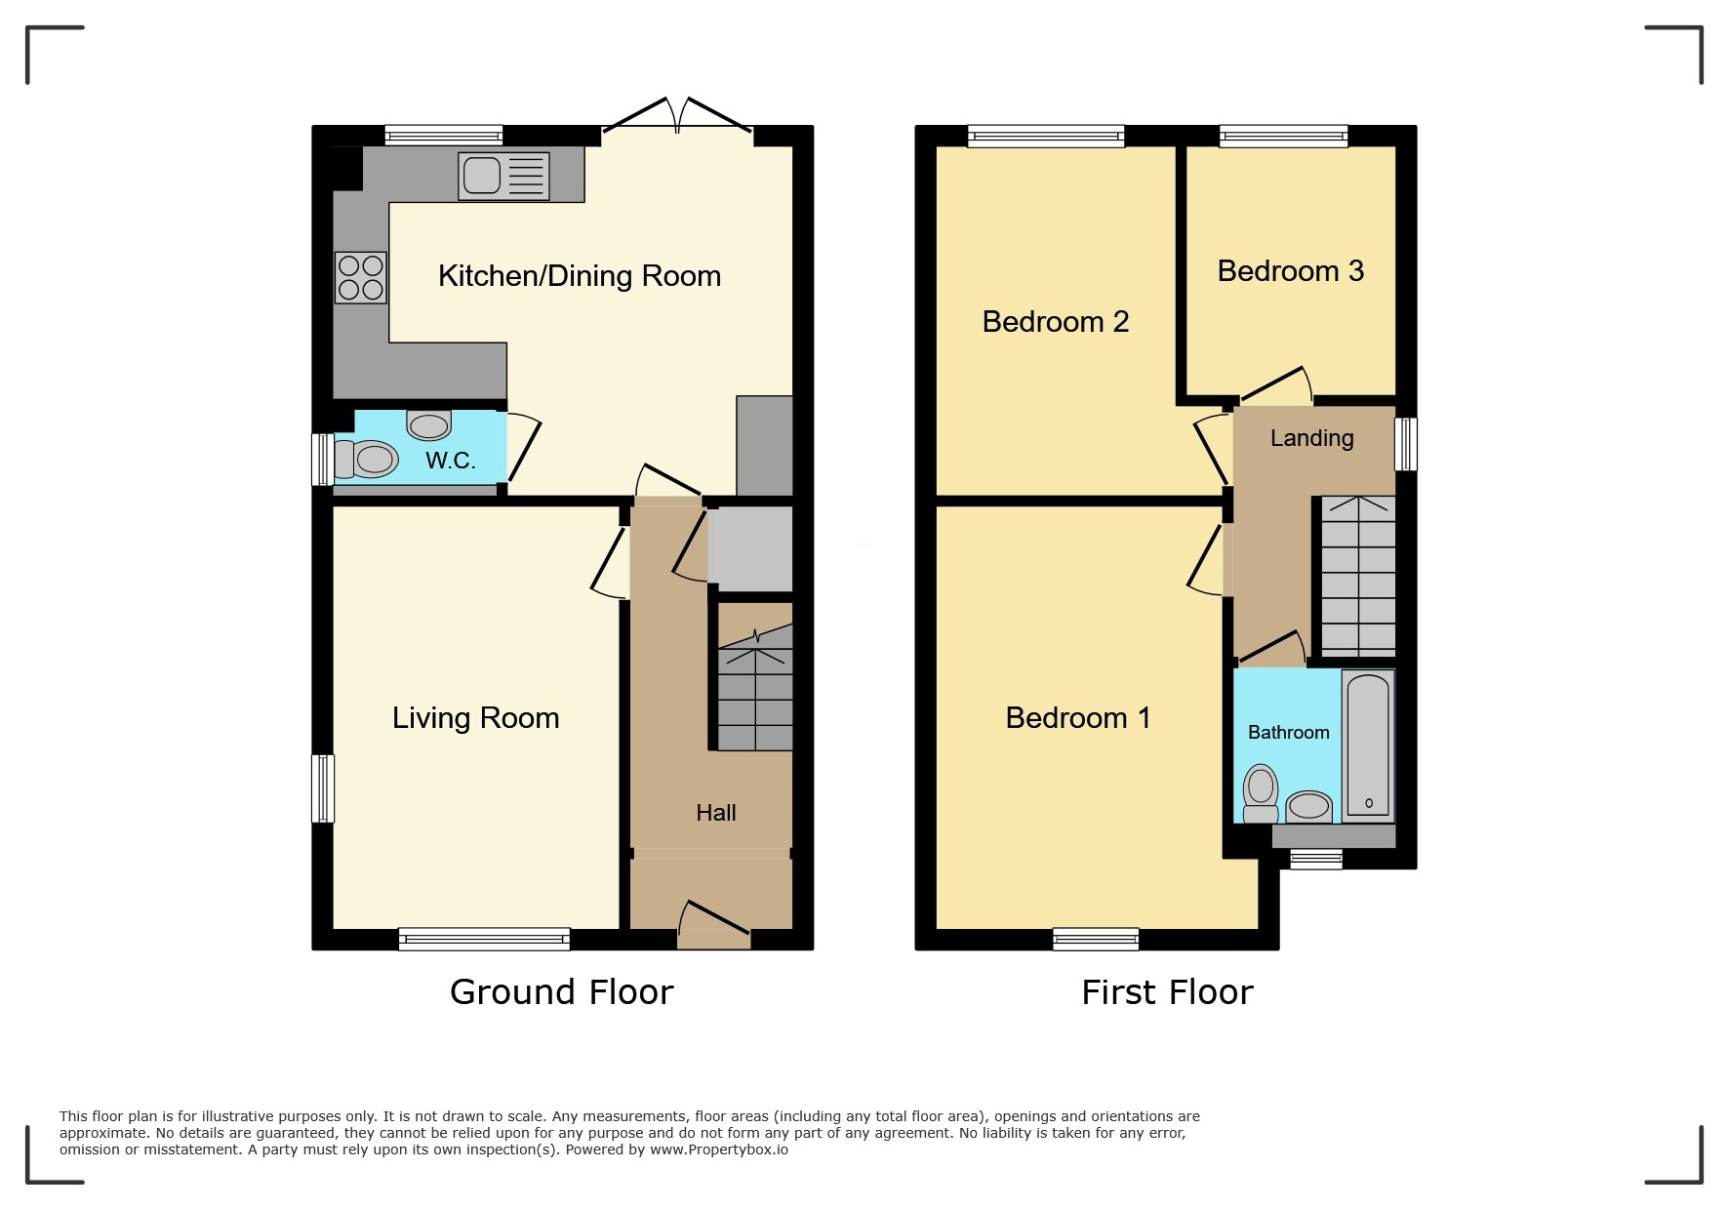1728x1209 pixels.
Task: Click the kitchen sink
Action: pyautogui.click(x=503, y=177)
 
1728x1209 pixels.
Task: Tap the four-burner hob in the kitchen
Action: pyautogui.click(x=361, y=277)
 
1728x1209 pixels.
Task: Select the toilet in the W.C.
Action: pyautogui.click(x=366, y=459)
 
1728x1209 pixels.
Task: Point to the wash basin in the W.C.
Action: pyautogui.click(x=429, y=425)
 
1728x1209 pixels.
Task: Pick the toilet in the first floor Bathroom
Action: pyautogui.click(x=1261, y=793)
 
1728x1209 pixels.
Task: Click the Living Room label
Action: pyautogui.click(x=476, y=718)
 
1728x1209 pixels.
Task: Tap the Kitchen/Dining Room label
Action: pyautogui.click(x=580, y=276)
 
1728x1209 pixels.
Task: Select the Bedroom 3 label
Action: pyautogui.click(x=1290, y=271)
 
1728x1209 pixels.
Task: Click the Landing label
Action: pyautogui.click(x=1311, y=438)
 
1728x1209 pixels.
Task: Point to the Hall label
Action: pyautogui.click(x=716, y=813)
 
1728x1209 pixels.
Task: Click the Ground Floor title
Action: pyautogui.click(x=562, y=992)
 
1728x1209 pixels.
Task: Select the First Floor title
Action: pyautogui.click(x=1167, y=992)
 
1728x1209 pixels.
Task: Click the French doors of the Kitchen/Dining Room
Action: pyautogui.click(x=678, y=115)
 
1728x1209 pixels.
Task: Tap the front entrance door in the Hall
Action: pyautogui.click(x=714, y=924)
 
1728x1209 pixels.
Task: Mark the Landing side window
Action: pyautogui.click(x=1405, y=444)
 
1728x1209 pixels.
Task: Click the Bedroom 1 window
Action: pyautogui.click(x=1096, y=939)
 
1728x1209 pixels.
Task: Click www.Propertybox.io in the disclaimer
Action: pyautogui.click(x=719, y=1149)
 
